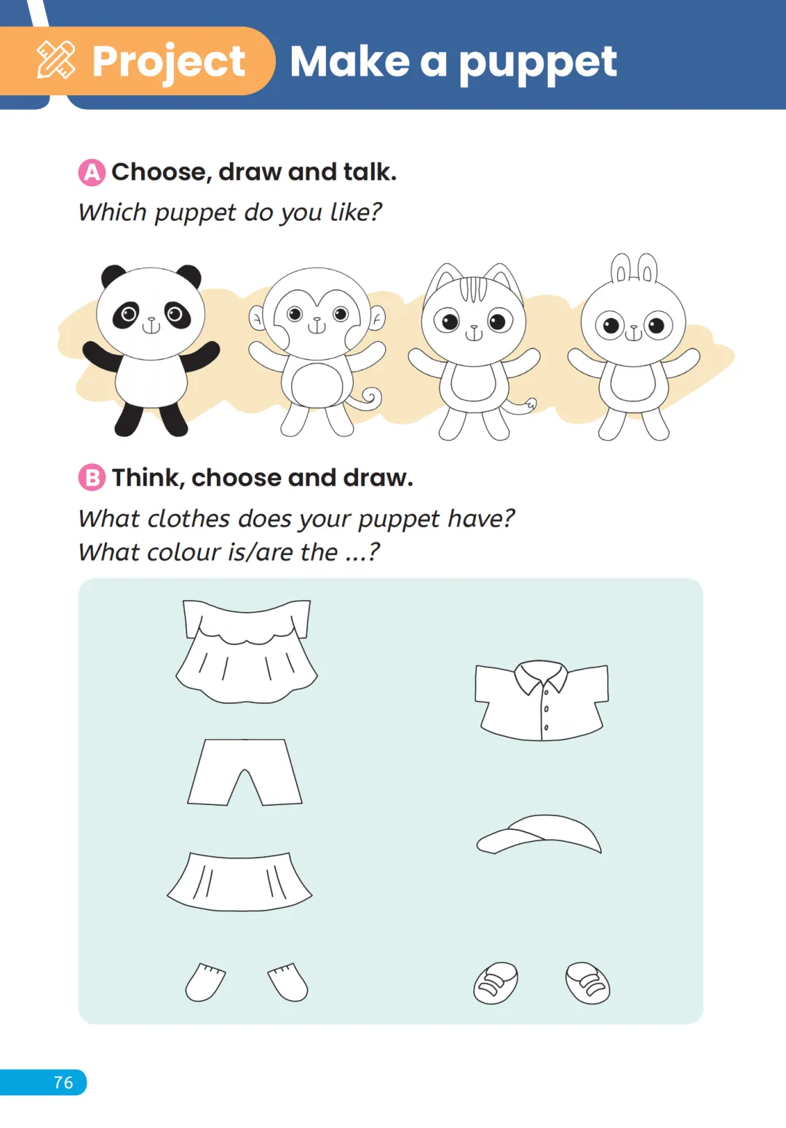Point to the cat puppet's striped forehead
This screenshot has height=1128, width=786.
473,289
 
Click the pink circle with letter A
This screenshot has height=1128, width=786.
92,172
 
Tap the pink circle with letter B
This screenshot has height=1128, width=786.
92,477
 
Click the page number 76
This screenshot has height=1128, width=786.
63,1083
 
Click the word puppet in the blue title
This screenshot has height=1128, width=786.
538,63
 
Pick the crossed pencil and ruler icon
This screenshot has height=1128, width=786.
56,60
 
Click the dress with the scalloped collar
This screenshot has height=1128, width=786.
247,651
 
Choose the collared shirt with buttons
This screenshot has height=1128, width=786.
541,700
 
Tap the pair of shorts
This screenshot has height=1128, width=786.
245,772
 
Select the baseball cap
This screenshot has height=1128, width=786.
539,834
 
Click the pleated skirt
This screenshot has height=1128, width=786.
240,881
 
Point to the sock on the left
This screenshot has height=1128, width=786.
205,983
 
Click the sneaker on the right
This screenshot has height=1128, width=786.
587,983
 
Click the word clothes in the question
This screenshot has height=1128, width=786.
188,519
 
